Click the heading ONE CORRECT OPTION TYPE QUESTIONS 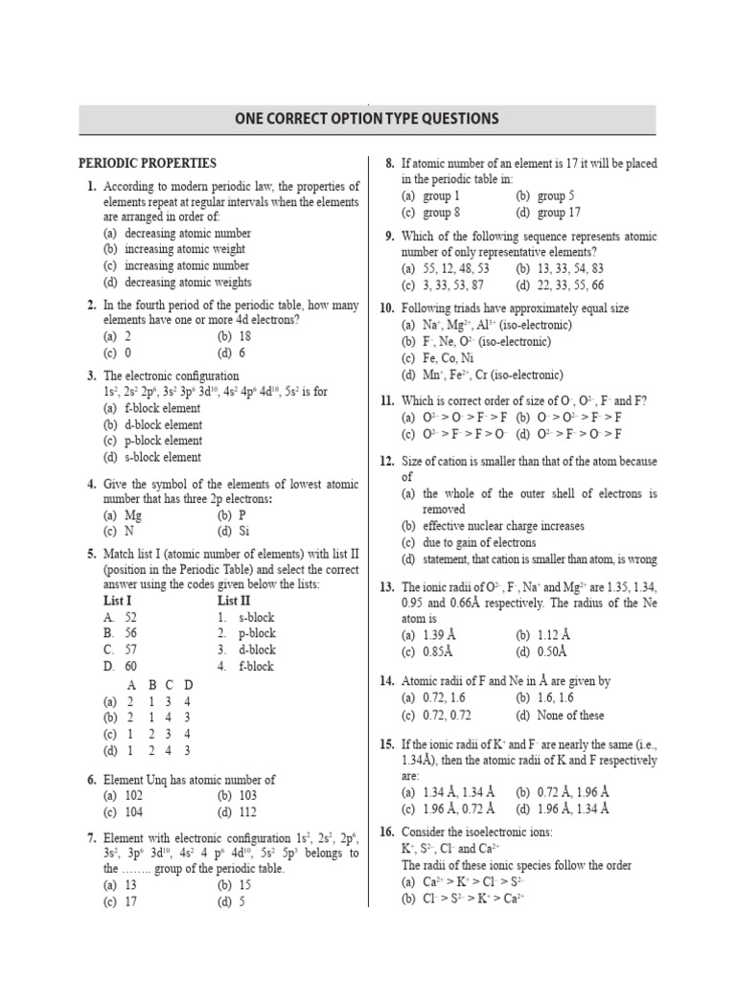pos(367,119)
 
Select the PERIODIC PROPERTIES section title pos(148,164)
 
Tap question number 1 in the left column pos(91,186)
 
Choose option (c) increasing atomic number pos(177,265)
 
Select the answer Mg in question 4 pos(133,514)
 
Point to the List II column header pos(236,600)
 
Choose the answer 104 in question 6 pos(133,811)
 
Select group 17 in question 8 pos(559,213)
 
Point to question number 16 pos(387,832)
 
